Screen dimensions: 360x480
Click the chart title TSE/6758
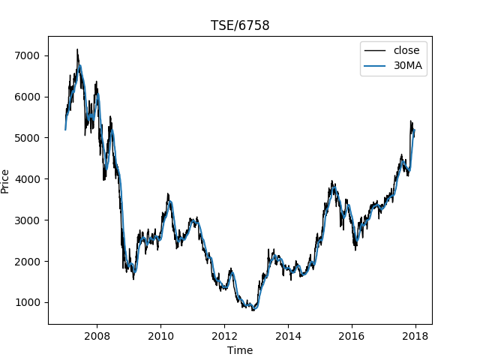coord(240,25)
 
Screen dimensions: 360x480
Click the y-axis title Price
coord(6,181)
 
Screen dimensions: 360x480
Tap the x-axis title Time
coord(240,350)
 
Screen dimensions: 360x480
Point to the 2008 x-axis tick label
coord(97,335)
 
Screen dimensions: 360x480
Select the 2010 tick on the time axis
coord(160,335)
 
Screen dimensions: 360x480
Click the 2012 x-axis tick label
coord(224,335)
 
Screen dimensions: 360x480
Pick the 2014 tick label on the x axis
coord(288,335)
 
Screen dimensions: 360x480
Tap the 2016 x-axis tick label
coord(352,335)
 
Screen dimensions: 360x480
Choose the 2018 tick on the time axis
coord(415,335)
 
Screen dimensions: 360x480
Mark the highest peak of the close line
coord(77,49)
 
